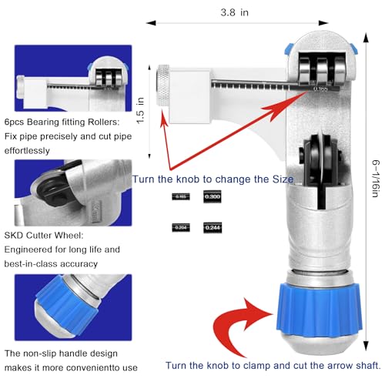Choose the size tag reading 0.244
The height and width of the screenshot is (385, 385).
(213, 227)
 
